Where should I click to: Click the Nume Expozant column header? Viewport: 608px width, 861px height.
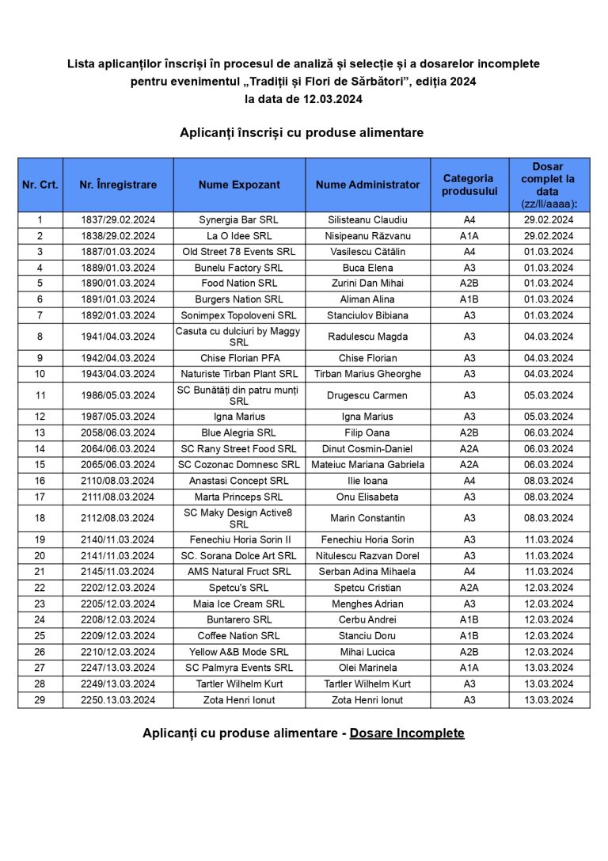click(239, 185)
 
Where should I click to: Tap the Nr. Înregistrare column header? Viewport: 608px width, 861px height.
click(118, 185)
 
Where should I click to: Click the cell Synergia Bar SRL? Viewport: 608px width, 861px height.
click(239, 219)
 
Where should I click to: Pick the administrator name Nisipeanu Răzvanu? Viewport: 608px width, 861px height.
click(367, 236)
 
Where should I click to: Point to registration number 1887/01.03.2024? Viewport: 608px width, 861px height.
click(118, 252)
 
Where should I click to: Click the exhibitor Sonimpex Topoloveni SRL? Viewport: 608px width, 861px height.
click(239, 315)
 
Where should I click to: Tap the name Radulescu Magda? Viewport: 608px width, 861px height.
click(367, 337)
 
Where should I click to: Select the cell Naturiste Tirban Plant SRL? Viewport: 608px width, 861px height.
click(239, 374)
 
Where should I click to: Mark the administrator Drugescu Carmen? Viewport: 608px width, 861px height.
click(367, 395)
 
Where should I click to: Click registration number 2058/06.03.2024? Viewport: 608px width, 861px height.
click(118, 432)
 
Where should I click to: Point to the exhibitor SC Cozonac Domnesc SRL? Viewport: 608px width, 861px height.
click(239, 465)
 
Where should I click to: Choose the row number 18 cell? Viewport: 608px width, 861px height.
click(40, 518)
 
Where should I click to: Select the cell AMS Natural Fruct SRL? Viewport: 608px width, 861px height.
click(239, 572)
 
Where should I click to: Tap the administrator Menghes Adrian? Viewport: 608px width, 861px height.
click(367, 604)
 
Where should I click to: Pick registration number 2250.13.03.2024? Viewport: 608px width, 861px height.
click(118, 700)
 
